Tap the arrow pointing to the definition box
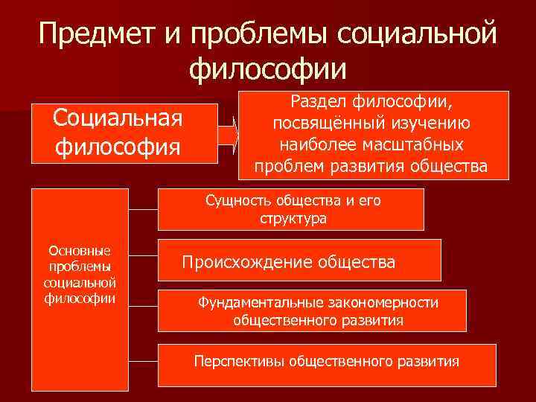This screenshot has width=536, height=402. click(x=227, y=135)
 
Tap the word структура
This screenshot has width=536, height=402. click(x=293, y=219)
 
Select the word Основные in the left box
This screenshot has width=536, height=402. click(x=79, y=252)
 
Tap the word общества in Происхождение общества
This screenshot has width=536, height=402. click(x=358, y=262)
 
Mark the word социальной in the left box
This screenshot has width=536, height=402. click(x=79, y=283)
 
